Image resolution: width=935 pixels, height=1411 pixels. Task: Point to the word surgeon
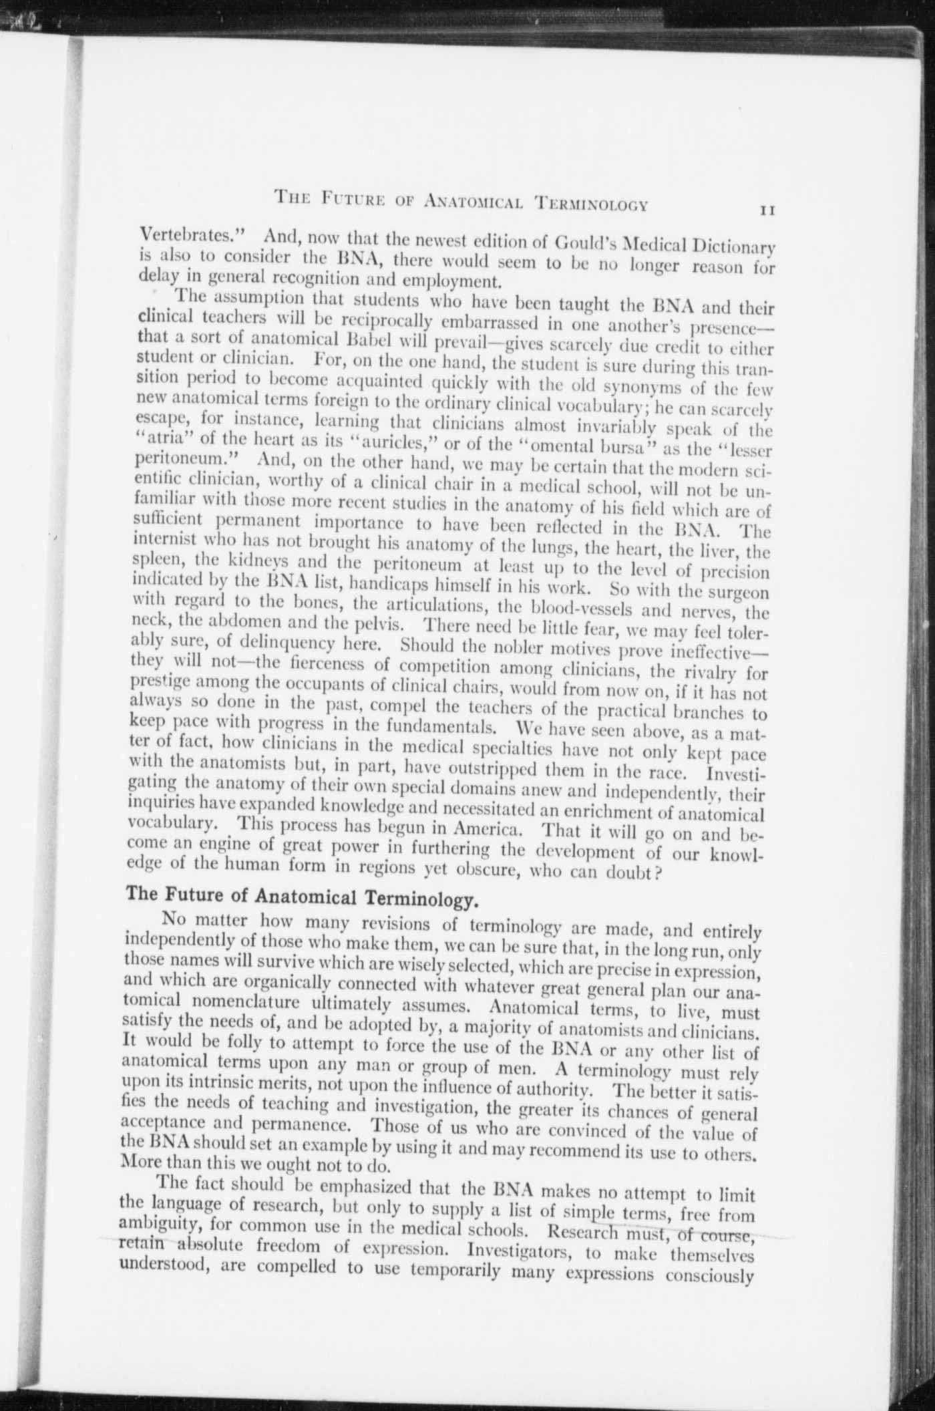(x=738, y=593)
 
